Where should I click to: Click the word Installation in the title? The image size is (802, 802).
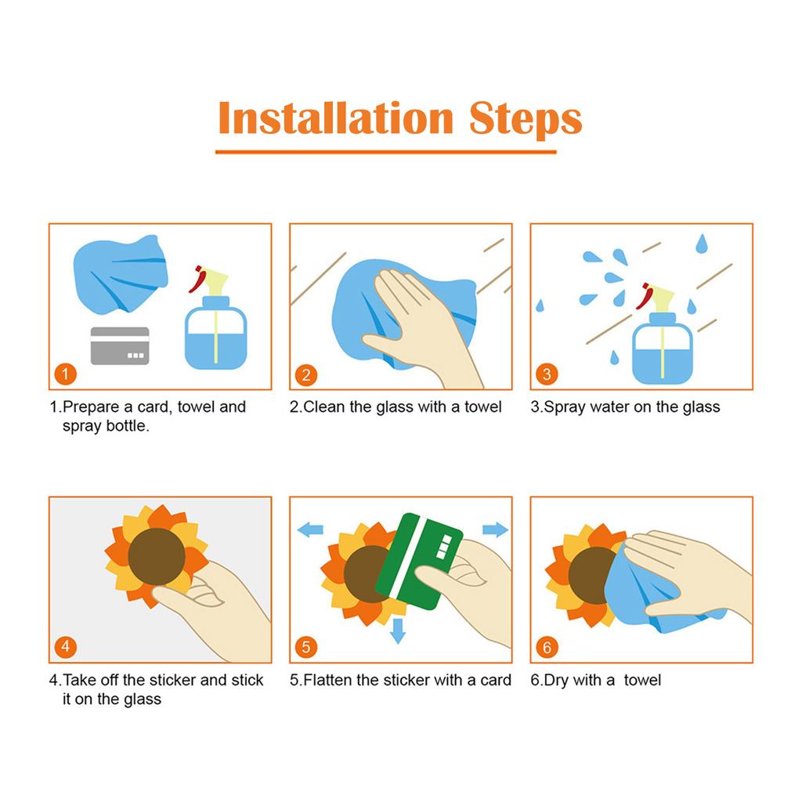336,118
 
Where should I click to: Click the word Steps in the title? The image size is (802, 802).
526,120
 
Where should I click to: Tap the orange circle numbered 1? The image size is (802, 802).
66,374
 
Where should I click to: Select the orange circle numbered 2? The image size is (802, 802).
306,375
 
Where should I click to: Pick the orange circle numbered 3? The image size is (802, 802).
547,374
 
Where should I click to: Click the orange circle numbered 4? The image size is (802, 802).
66,646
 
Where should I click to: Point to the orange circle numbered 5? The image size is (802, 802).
306,647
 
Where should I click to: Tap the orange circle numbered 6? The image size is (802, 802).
547,647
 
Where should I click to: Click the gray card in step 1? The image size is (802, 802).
120,345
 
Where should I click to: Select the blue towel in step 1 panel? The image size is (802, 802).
121,273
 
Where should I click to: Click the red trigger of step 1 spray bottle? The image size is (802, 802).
197,280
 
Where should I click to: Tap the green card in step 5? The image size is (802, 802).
418,561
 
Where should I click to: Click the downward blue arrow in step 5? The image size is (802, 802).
397,630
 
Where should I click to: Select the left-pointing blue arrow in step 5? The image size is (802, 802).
310,529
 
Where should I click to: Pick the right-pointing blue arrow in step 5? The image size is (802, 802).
496,529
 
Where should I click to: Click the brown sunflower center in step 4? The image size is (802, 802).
157,557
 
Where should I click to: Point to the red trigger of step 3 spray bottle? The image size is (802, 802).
645,296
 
